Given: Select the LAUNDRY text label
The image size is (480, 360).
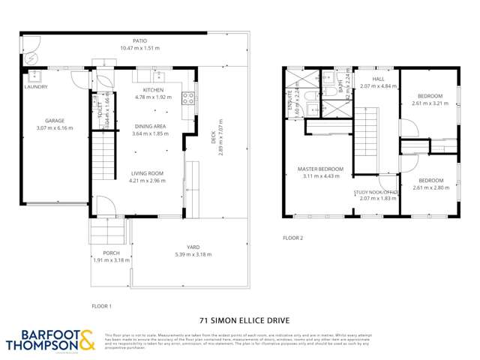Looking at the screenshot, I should coord(36,87).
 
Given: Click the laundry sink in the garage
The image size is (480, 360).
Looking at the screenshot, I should coord(35,76).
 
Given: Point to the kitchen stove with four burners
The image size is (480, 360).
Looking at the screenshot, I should coord(189,96).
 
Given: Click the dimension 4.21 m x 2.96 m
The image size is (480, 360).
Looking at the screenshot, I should coord(145,181).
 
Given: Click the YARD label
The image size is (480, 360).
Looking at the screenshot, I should coord(182,247).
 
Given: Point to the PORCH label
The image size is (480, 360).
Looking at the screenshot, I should coord(111,253).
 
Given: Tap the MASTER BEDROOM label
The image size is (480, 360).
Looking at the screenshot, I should coord(320,169).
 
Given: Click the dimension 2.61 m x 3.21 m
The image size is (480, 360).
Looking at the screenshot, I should coord(430,103).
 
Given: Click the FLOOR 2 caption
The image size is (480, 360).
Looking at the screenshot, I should coord(292,238).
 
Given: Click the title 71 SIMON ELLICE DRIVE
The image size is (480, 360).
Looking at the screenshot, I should coord(239,317).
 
